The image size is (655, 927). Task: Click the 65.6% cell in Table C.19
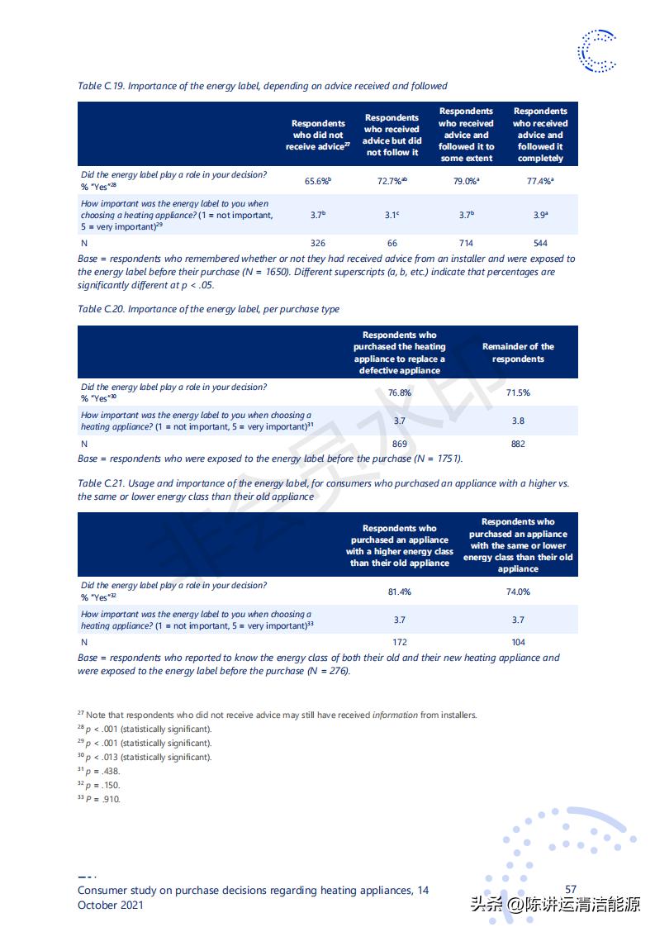(317, 180)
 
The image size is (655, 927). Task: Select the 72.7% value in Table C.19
(392, 180)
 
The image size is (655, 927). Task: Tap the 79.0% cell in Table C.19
(467, 180)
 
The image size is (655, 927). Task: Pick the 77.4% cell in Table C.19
(540, 180)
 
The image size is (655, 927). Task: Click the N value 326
(317, 243)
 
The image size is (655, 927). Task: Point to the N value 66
(392, 243)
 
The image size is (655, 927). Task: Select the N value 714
(466, 243)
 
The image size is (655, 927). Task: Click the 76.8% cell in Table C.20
(400, 392)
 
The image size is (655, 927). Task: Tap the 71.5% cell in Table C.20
(518, 392)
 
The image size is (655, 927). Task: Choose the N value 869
(400, 444)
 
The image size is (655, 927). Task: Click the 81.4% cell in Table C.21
(400, 592)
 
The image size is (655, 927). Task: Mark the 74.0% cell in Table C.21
(518, 592)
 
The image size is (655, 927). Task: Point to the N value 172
(400, 642)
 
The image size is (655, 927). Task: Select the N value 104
(518, 642)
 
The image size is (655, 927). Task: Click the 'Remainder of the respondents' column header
(518, 353)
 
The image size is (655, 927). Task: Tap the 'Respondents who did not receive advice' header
(318, 135)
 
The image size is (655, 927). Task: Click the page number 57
(571, 890)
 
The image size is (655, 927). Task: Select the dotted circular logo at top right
(597, 50)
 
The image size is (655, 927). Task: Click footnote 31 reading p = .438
(99, 771)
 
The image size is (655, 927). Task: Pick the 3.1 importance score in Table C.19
(392, 215)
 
